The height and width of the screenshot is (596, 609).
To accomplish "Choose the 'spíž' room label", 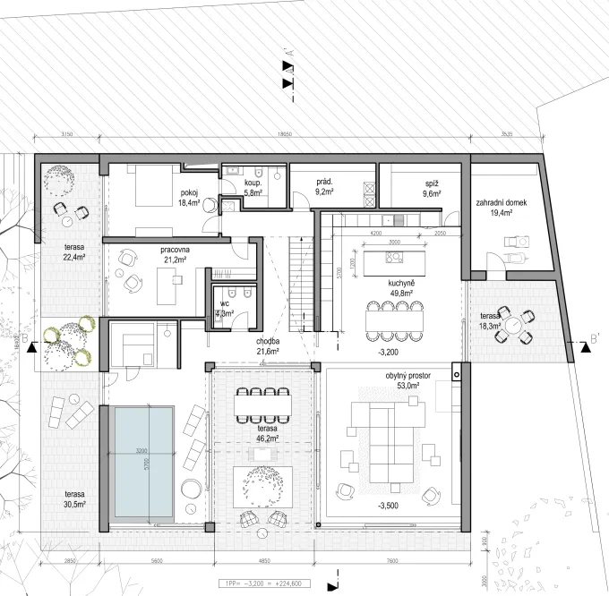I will click(432, 183).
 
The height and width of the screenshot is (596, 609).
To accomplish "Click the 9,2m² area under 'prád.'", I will click(324, 192).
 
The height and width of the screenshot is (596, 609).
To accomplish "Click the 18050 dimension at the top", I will click(285, 134).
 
